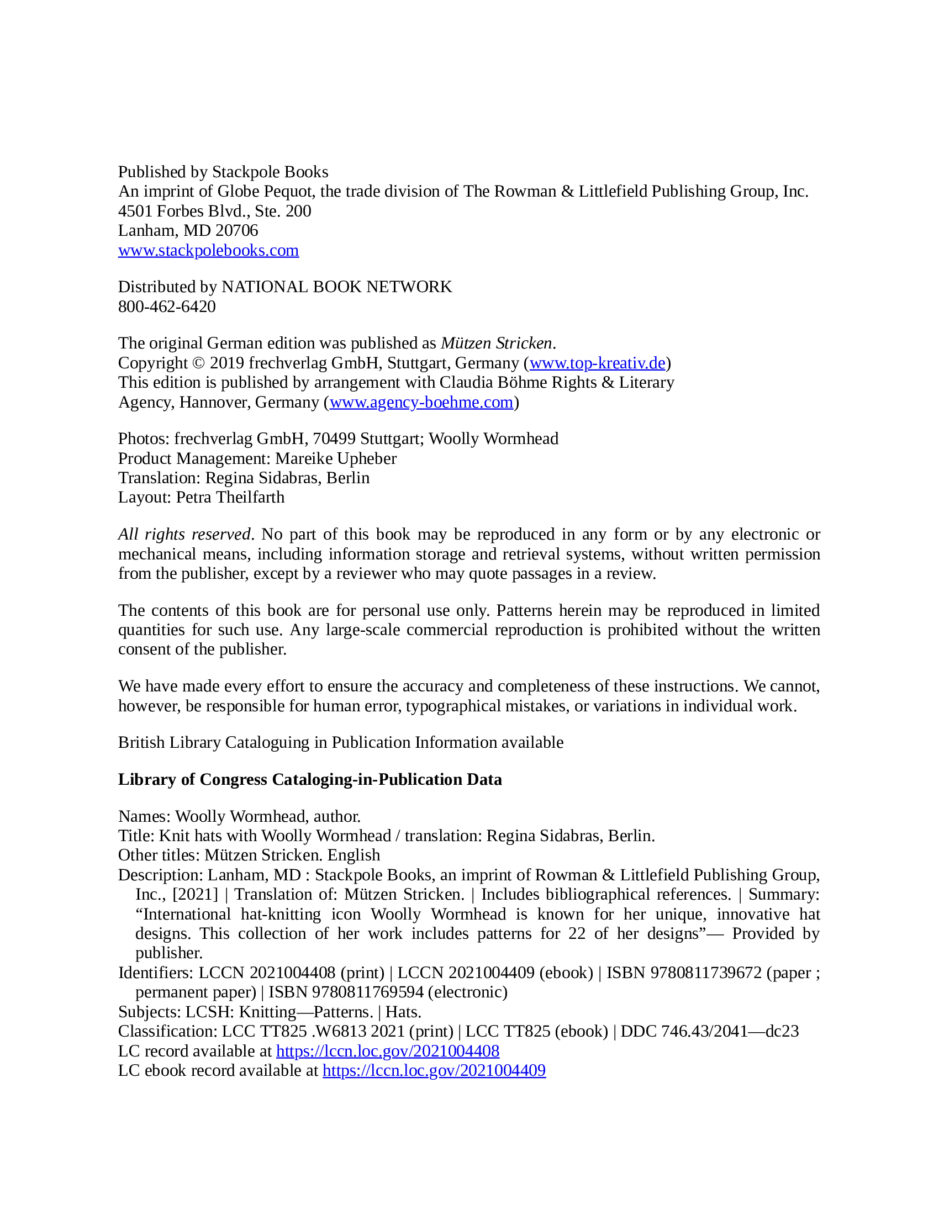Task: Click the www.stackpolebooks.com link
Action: coord(208,250)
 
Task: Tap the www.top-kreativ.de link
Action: coord(597,363)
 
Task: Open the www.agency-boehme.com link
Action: coord(421,402)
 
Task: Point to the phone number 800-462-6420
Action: coord(167,307)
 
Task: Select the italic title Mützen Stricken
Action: coord(496,343)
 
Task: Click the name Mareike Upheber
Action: coord(335,458)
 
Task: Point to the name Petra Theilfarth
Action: coord(230,497)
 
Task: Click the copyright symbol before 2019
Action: coord(198,363)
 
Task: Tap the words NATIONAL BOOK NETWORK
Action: coord(336,287)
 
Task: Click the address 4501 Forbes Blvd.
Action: coord(183,212)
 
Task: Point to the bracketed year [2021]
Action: coord(195,894)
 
